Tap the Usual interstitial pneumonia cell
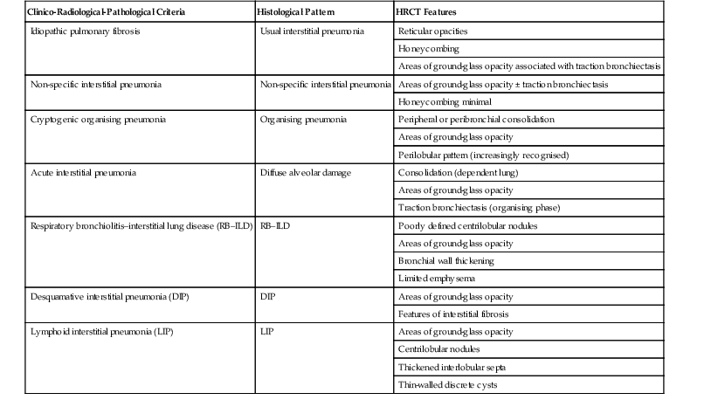(313, 30)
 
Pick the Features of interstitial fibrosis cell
(452, 314)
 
